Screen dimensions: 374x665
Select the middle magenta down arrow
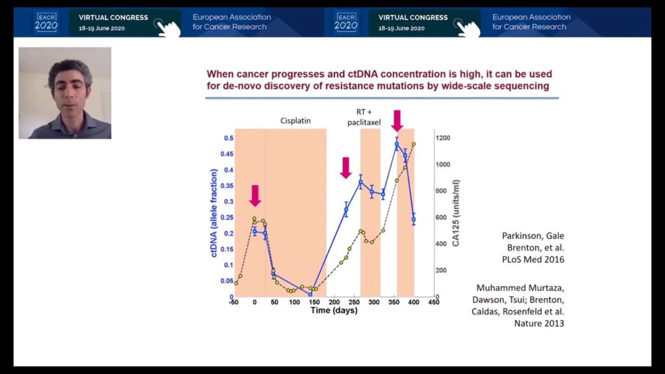[x=345, y=168]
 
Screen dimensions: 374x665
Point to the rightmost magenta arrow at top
[x=397, y=120]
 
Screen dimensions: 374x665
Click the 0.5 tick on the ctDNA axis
[x=229, y=139]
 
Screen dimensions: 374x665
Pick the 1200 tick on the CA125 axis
[x=442, y=138]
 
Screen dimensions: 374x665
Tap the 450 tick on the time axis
[x=434, y=303]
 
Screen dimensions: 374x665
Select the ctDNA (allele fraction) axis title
[x=214, y=214]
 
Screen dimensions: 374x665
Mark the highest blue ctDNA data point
[x=397, y=144]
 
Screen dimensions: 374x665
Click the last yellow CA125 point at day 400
[x=414, y=144]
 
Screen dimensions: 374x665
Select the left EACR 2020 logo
[x=46, y=22]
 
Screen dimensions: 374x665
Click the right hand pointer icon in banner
[x=468, y=27]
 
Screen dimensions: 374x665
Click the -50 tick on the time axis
[x=235, y=303]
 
